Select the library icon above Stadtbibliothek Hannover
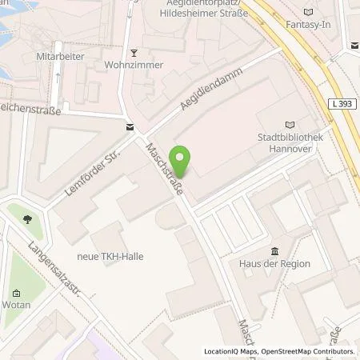point(290,123)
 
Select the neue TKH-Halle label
point(111,257)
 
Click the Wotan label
point(20,306)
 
